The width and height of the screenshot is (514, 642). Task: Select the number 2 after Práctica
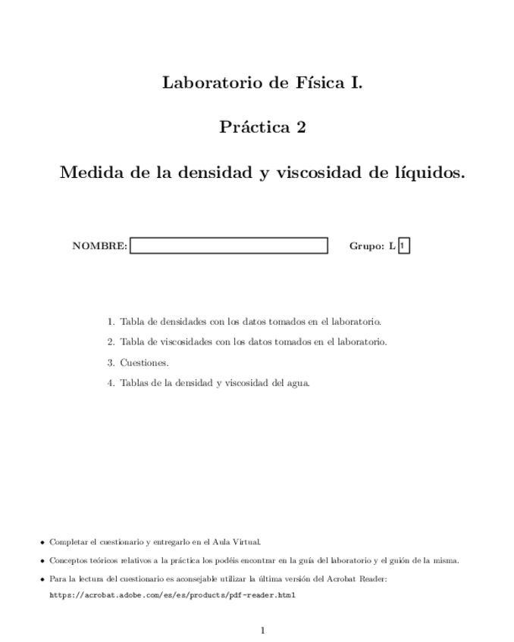click(301, 127)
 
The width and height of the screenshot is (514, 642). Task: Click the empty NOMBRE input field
click(229, 246)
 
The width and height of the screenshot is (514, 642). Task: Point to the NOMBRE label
click(99, 246)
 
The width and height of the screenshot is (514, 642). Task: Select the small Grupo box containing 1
click(403, 246)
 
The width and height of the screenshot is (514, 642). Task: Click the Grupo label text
click(367, 246)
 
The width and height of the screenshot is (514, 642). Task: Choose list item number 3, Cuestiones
click(144, 363)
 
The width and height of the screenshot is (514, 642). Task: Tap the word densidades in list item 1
click(170, 322)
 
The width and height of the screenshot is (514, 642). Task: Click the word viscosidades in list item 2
click(172, 342)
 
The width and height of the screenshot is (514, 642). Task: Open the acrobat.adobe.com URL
click(172, 595)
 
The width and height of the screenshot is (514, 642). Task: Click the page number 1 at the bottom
click(262, 630)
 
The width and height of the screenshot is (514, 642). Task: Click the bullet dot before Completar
click(42, 543)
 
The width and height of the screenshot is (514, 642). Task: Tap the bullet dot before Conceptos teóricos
click(42, 562)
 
